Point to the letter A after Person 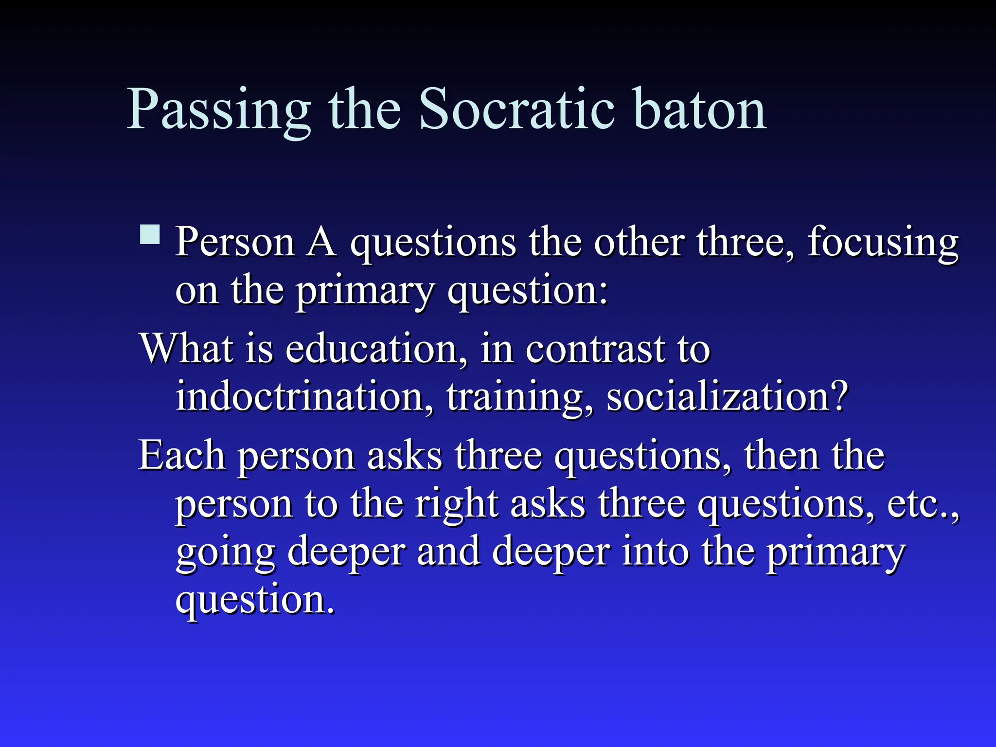pos(321,242)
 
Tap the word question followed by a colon pos(528,292)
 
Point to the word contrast pos(596,349)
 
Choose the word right pos(457,505)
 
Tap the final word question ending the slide pos(255,601)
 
